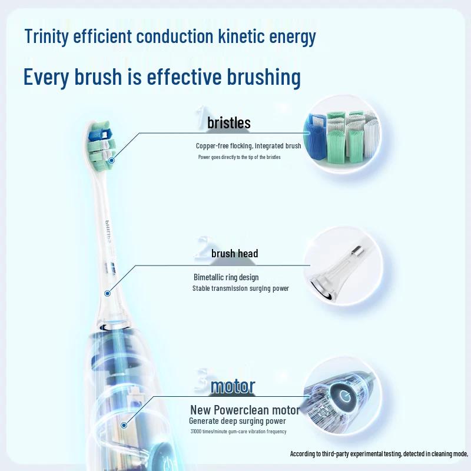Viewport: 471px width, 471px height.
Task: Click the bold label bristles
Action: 229,123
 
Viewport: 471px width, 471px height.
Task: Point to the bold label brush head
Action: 234,254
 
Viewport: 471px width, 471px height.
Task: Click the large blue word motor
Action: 233,386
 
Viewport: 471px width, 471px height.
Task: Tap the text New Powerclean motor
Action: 245,410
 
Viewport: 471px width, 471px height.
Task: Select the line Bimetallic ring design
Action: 226,277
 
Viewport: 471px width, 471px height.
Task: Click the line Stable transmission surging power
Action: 240,288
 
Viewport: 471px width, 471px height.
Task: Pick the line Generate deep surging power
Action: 237,421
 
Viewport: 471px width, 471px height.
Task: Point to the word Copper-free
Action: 212,145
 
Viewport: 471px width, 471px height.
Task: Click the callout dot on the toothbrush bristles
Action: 111,160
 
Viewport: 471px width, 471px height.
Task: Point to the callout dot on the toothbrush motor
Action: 124,424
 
